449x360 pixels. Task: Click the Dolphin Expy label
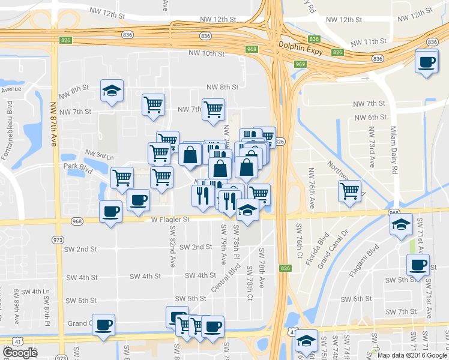coord(301,45)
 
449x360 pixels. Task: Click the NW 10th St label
coord(206,53)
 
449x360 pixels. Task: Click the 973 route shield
coord(58,240)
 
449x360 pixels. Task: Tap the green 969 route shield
coord(300,64)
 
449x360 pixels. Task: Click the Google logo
coord(20,353)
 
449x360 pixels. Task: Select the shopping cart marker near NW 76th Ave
coord(350,191)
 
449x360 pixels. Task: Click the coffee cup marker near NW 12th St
coord(427,61)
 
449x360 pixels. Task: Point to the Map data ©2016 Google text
coord(412,355)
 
